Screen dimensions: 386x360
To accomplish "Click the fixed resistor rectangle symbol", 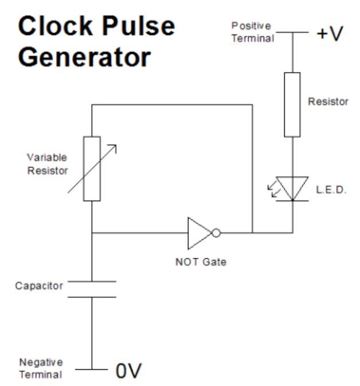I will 292,105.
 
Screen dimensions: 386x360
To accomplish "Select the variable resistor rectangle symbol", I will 92,169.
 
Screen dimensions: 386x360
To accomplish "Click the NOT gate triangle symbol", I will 198,233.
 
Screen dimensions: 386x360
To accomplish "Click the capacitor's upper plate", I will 92,282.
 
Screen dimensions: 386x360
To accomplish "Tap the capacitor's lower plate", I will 92,297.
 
